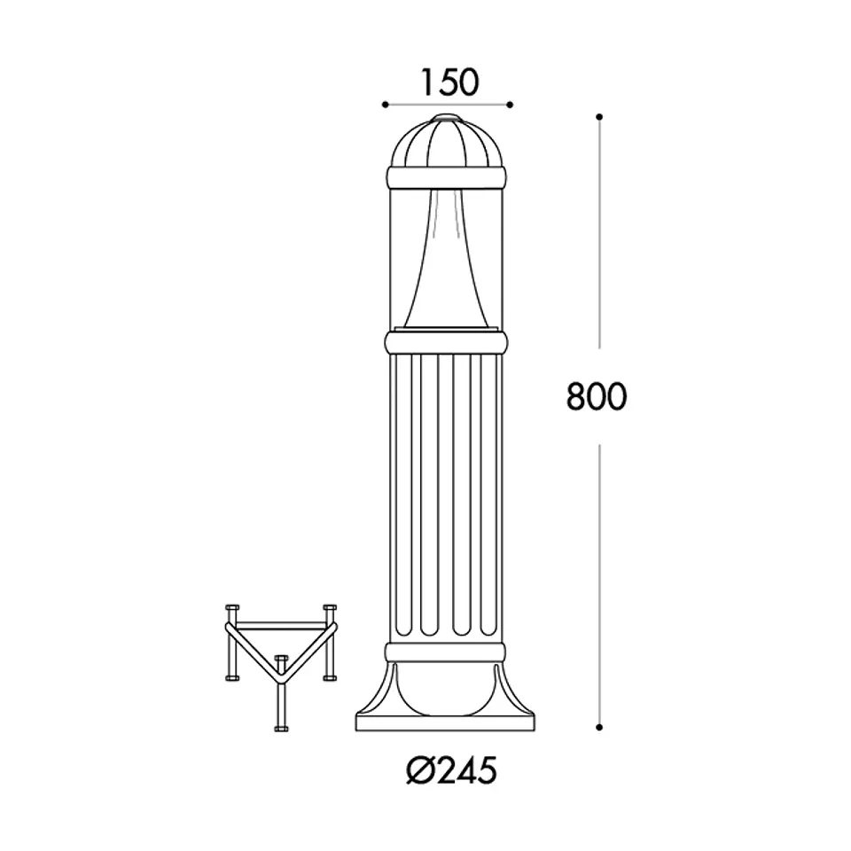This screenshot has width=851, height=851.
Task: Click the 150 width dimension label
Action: point(450,82)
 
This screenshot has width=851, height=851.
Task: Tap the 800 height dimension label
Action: point(597,396)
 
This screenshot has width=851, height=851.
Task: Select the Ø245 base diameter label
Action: point(451,769)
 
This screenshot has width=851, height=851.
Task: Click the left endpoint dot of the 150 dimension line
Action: point(385,105)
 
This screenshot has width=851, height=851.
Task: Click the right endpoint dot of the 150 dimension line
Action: point(510,105)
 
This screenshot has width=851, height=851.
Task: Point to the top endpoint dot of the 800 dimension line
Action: point(599,117)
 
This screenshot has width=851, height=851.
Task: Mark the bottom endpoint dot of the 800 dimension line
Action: point(599,727)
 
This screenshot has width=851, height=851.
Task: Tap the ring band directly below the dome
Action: point(447,177)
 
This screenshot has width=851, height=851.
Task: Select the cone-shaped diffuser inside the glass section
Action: point(447,260)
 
